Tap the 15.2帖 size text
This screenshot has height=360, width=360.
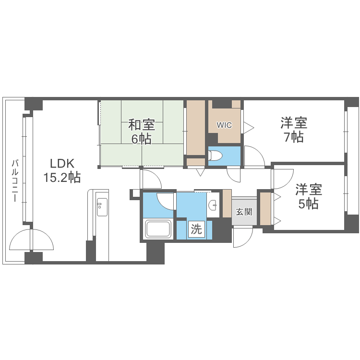[62, 178]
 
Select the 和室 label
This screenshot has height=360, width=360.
[142, 125]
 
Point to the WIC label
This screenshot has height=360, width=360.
[224, 125]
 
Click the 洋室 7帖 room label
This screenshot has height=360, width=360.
[294, 123]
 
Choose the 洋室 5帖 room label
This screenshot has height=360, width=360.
[308, 189]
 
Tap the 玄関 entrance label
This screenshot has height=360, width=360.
[244, 212]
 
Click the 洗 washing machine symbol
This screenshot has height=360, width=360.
[196, 229]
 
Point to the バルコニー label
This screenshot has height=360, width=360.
[15, 180]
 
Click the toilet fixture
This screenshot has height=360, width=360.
[216, 156]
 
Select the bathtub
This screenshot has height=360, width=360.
[158, 229]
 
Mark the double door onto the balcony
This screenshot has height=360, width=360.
[32, 240]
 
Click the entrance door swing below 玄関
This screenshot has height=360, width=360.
[243, 237]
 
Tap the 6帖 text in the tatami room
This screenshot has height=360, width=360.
[142, 140]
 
